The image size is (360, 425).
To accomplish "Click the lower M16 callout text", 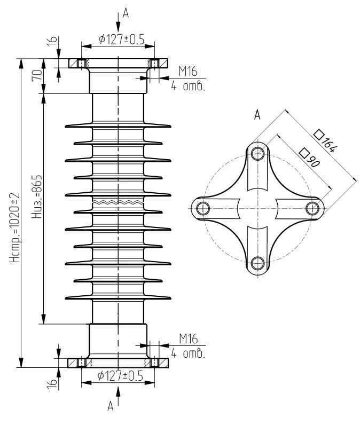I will pyautogui.click(x=188, y=339).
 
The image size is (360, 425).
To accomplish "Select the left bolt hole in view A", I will pyautogui.click(x=202, y=207).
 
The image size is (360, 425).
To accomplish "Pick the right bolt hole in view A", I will pyautogui.click(x=313, y=207).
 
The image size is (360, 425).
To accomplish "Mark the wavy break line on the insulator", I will pyautogui.click(x=118, y=203).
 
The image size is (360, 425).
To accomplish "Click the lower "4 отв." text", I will pyautogui.click(x=188, y=353).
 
